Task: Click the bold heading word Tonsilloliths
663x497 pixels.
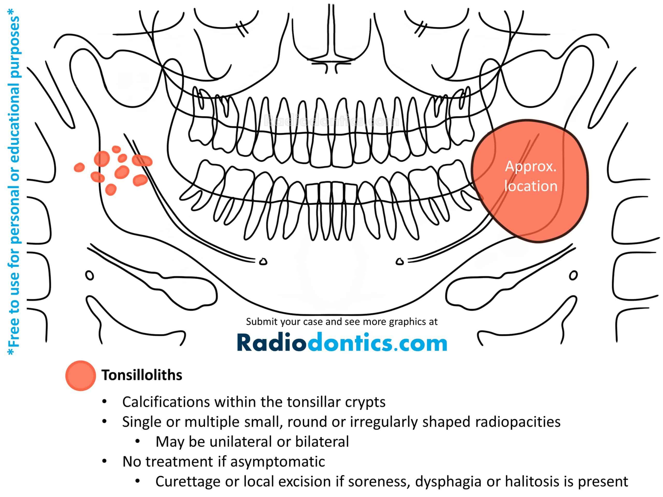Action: (x=142, y=375)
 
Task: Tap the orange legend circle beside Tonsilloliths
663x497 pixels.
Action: (x=81, y=376)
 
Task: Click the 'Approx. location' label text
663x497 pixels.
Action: (x=531, y=176)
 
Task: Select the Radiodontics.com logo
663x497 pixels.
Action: (x=342, y=342)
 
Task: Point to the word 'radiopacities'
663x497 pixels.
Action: (x=518, y=422)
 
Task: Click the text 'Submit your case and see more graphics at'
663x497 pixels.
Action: (x=342, y=322)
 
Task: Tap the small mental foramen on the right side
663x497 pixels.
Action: (x=400, y=261)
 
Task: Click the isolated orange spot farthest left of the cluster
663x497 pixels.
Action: (x=80, y=167)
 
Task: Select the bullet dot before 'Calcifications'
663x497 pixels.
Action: (x=104, y=401)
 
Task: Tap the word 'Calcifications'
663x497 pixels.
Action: (x=166, y=402)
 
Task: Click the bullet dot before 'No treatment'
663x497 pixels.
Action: (x=104, y=461)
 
